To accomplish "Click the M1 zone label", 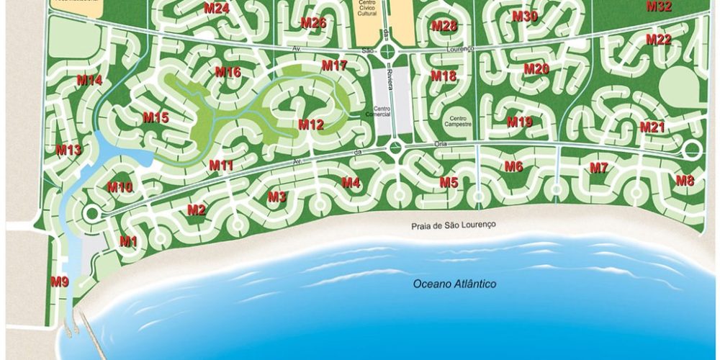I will coord(128,241).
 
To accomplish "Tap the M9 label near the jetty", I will coord(60,282).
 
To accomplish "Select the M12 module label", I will coord(311,125).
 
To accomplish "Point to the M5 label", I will coord(449,182).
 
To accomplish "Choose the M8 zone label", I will coord(685,181).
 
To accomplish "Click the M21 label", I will coord(652,127).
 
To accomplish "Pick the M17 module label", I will coord(335,66).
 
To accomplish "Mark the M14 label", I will coord(89,81).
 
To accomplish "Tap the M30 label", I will coord(525,16).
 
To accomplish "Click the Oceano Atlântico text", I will coord(454,284).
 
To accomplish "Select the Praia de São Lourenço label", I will coord(454,225).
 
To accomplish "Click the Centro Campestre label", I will coord(459,121).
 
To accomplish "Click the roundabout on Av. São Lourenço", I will coord(389,51).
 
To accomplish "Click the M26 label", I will coord(314,22).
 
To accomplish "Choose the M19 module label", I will coord(519,122).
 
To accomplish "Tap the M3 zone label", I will coord(277,197).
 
